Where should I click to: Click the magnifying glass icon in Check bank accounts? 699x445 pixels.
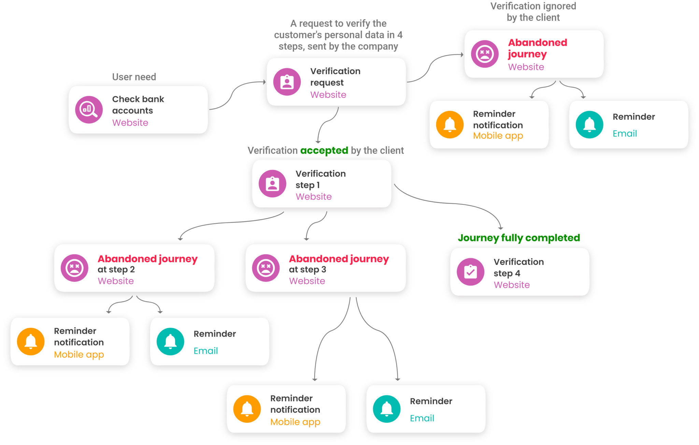[89, 110]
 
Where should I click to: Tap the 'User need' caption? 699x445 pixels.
[134, 77]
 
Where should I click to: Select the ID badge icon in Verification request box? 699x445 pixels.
[287, 82]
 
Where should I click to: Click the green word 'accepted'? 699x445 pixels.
[324, 150]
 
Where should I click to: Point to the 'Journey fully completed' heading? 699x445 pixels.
[519, 238]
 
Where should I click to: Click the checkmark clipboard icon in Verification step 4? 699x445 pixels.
[471, 272]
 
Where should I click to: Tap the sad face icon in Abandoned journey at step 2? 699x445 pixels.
[74, 268]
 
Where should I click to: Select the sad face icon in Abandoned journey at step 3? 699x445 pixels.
[266, 268]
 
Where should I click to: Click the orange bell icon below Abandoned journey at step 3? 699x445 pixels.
[247, 409]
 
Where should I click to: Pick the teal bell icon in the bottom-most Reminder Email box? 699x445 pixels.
[387, 409]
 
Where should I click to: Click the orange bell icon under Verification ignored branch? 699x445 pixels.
[450, 125]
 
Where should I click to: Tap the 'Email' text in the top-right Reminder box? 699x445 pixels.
[625, 134]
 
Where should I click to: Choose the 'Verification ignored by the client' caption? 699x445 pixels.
[533, 12]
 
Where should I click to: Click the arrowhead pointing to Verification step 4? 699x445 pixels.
[501, 228]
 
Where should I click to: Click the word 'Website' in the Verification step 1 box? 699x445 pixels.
[314, 197]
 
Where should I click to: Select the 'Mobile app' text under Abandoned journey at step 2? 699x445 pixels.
[79, 355]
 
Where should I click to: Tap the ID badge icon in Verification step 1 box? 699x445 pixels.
[272, 184]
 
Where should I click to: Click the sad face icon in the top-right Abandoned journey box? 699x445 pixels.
[485, 54]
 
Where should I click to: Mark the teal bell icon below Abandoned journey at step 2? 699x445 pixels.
[170, 342]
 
